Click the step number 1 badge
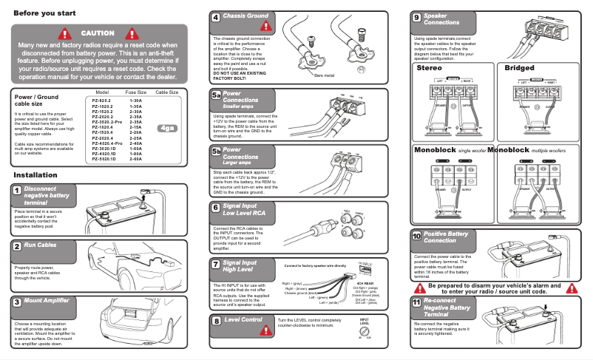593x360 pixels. (16, 191)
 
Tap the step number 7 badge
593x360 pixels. (215, 264)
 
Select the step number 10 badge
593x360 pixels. (416, 236)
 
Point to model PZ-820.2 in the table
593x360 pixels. (101, 99)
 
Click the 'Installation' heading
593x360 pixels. (35, 175)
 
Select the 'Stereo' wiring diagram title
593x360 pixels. (430, 68)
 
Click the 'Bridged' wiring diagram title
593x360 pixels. (519, 68)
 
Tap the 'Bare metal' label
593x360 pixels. (324, 75)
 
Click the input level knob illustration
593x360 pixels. (365, 333)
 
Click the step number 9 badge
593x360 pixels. (417, 17)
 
